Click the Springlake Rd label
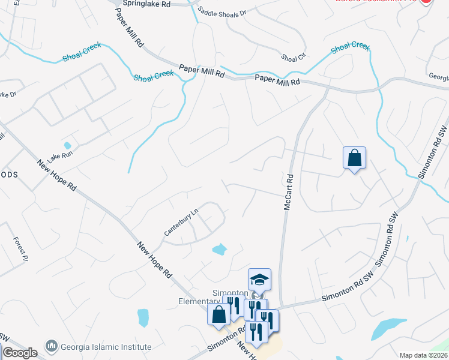146,4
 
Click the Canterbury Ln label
181,221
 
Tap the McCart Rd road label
289,192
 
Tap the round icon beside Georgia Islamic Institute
52,346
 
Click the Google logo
19,353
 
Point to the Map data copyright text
424,355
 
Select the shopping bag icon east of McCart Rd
354,158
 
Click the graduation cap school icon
259,280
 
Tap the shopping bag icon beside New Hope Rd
219,314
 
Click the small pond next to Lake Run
67,146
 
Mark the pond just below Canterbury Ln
220,248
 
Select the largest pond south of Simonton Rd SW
384,328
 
